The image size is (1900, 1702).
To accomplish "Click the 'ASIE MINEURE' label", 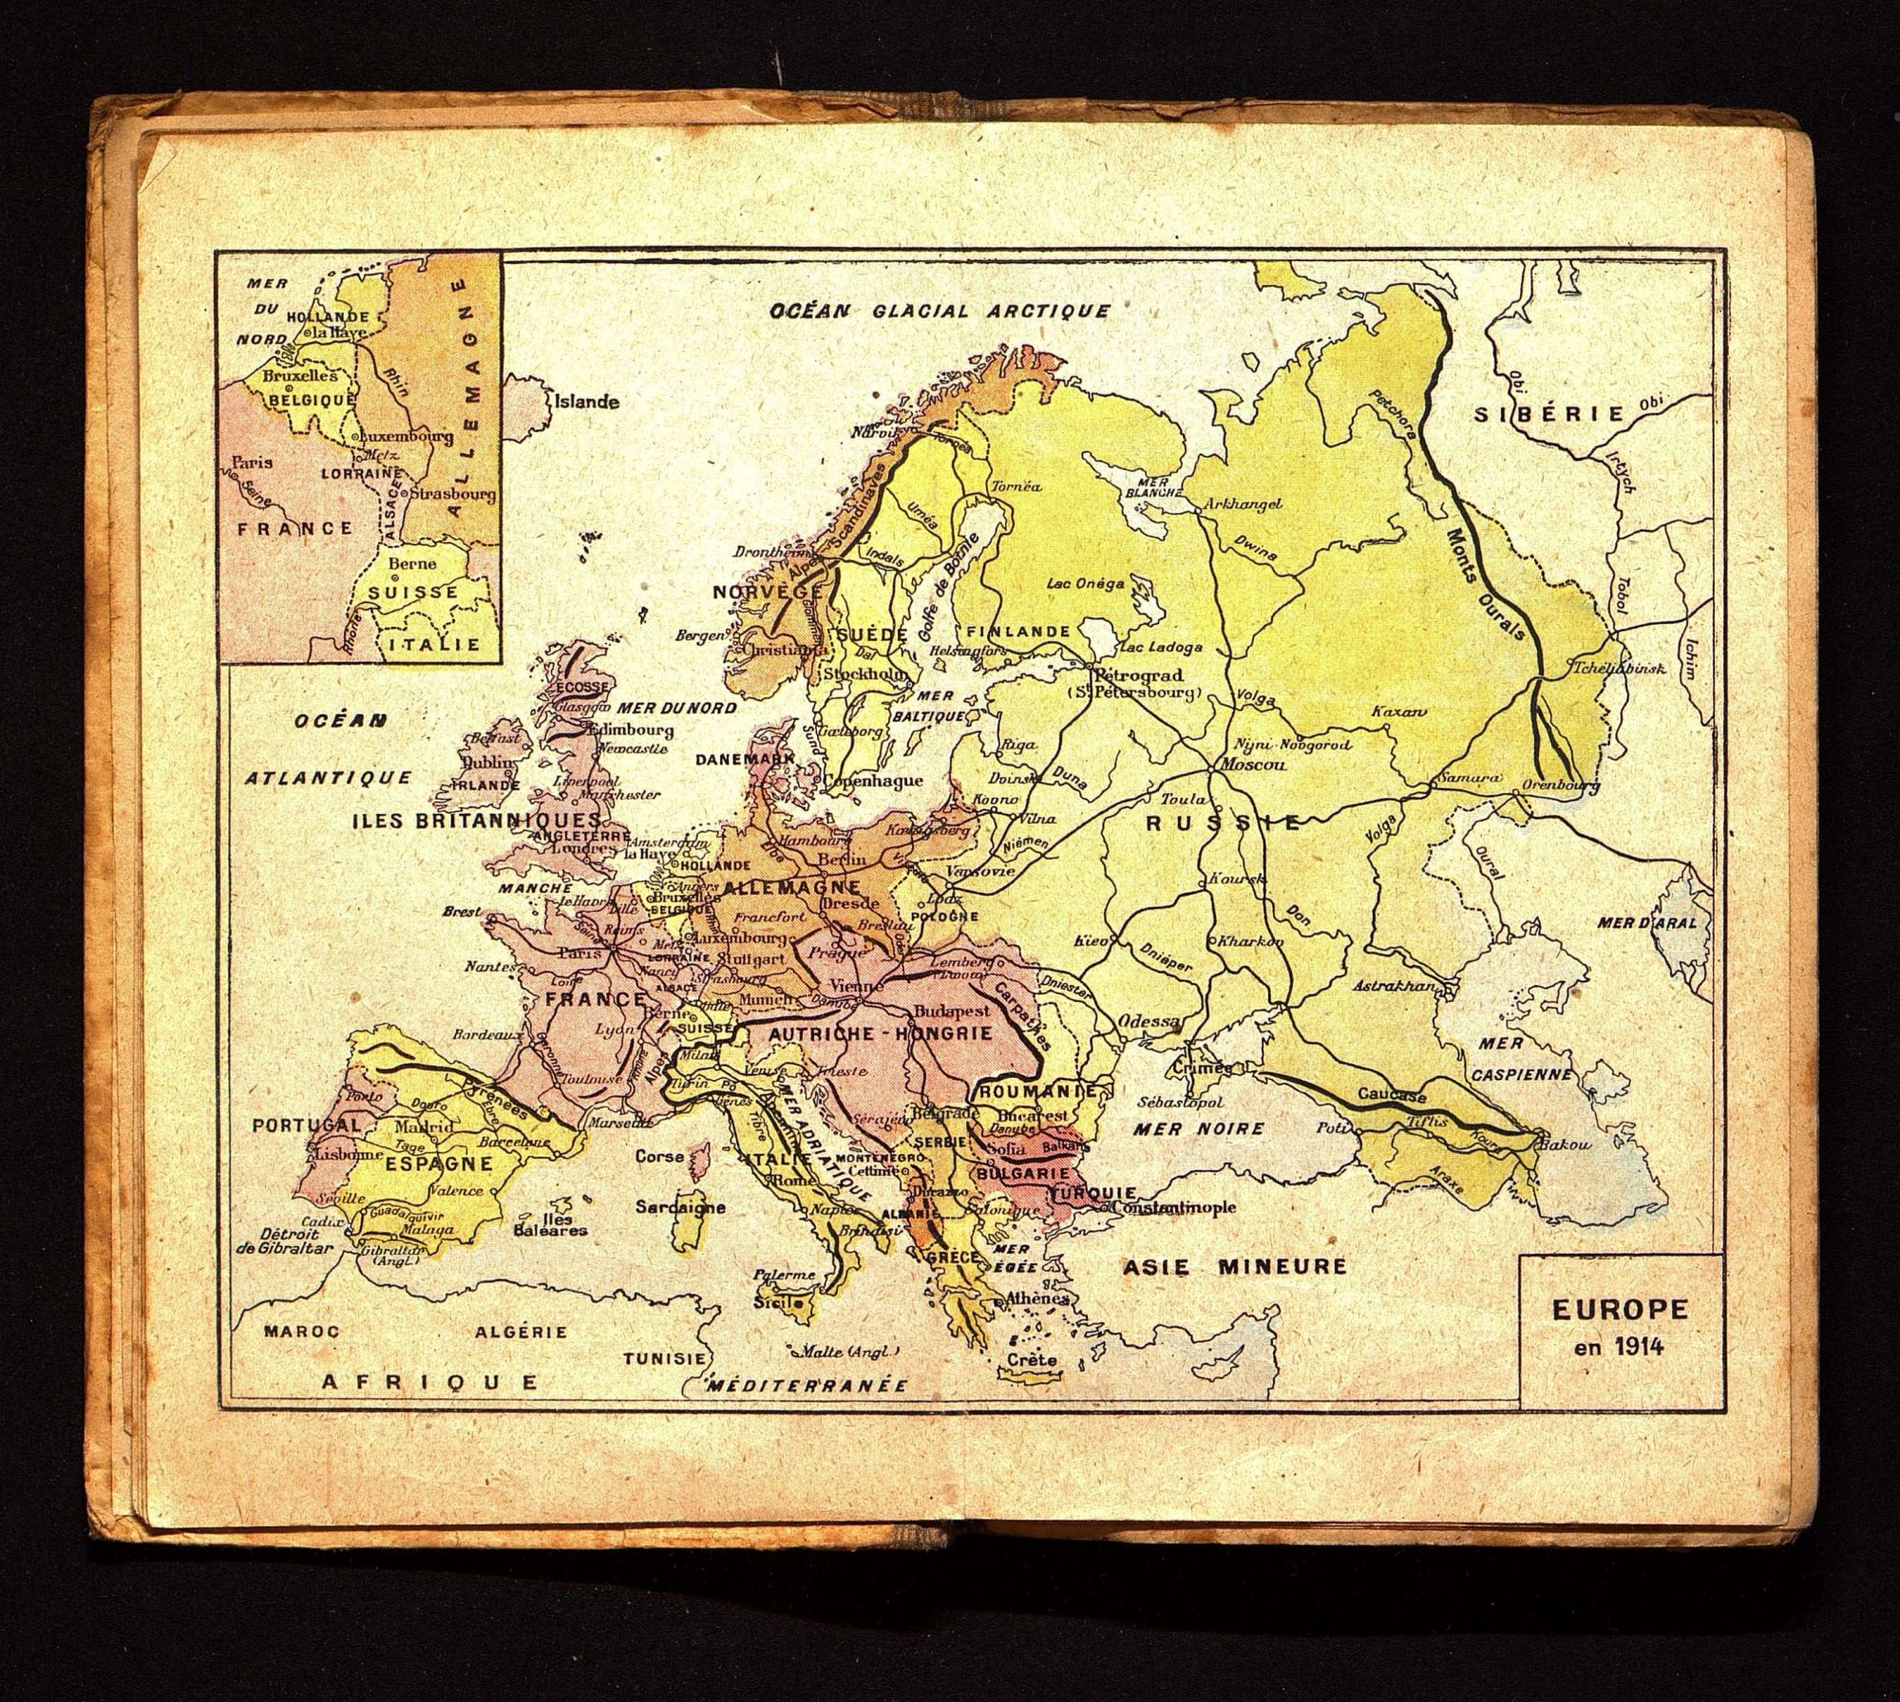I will pos(1235,1266).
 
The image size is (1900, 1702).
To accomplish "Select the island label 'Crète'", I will pos(1034,1359).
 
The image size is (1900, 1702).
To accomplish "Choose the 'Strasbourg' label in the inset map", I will pos(453,494).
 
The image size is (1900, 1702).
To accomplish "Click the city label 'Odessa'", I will pos(1149,1022).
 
